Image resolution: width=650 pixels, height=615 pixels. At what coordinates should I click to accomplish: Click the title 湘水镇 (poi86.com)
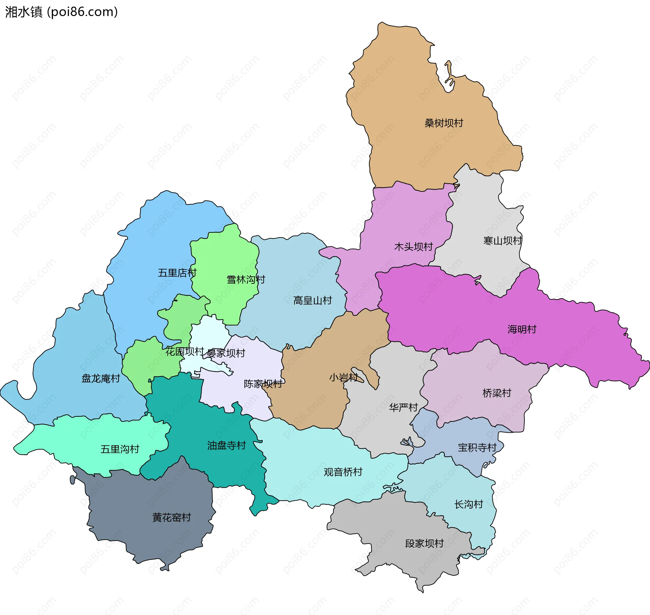click(x=61, y=12)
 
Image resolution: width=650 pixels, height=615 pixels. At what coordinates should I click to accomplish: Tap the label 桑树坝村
click(x=443, y=123)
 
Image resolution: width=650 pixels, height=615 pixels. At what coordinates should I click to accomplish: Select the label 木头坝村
click(x=413, y=247)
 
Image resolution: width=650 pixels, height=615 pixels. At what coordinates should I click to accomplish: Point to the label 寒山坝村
click(x=502, y=241)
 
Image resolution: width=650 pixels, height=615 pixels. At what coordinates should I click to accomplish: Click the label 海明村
click(x=522, y=329)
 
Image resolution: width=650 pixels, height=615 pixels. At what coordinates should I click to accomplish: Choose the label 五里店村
click(x=177, y=273)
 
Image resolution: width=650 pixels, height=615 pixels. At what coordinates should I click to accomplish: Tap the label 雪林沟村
click(x=246, y=280)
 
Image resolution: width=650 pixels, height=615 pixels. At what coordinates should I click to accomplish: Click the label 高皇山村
click(x=312, y=300)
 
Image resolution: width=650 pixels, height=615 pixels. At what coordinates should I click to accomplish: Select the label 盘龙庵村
click(x=101, y=378)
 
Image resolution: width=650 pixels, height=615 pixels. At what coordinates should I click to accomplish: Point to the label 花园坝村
click(x=185, y=351)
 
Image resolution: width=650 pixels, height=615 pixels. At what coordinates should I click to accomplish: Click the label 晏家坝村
click(x=226, y=353)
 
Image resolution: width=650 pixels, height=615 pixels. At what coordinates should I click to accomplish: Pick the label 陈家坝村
click(x=263, y=384)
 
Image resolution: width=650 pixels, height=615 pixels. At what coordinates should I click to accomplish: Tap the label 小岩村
click(x=343, y=378)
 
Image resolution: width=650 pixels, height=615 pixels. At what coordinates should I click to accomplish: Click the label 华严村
click(x=403, y=407)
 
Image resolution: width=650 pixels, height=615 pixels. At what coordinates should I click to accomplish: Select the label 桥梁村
click(x=496, y=393)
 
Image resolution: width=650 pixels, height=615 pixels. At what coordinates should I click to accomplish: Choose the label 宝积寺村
click(x=477, y=448)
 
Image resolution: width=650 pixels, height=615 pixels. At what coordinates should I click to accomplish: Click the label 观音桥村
click(x=343, y=472)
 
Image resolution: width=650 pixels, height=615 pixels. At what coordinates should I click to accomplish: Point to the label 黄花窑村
click(x=171, y=518)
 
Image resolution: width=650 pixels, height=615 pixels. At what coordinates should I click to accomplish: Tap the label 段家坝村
click(x=424, y=544)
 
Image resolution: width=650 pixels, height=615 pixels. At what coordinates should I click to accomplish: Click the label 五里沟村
click(x=120, y=449)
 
